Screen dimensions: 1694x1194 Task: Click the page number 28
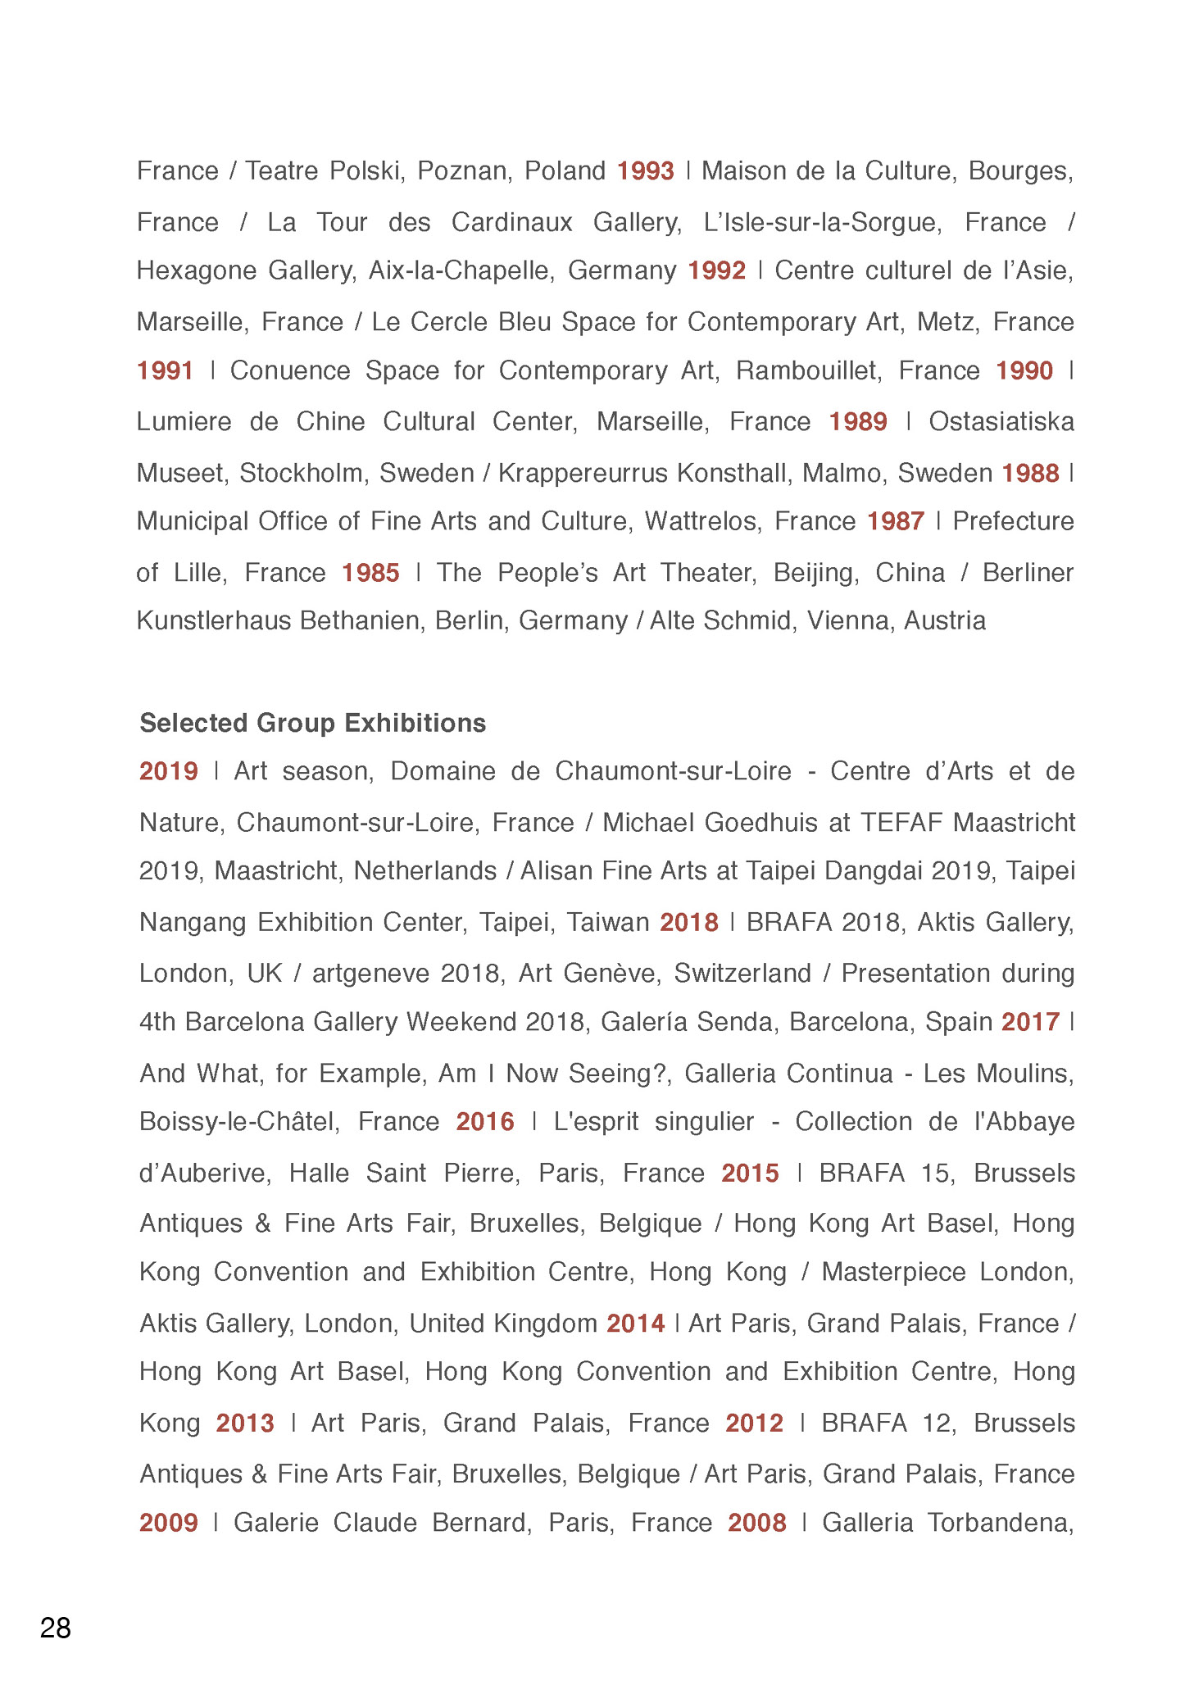click(55, 1628)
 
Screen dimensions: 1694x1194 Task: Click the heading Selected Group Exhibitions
click(312, 723)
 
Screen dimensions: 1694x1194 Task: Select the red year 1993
click(645, 171)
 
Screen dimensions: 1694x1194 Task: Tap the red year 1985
click(370, 573)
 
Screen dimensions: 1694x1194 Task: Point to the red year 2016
click(485, 1122)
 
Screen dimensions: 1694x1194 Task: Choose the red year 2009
click(169, 1523)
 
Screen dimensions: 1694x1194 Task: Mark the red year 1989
click(857, 422)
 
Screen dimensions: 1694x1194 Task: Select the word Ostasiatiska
click(1001, 422)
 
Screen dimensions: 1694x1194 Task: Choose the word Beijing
click(815, 573)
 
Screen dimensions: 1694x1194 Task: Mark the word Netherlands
click(424, 871)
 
